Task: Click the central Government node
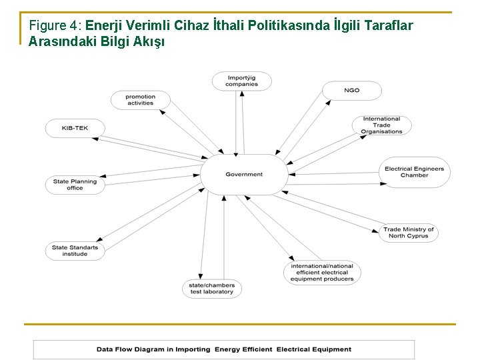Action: (x=244, y=175)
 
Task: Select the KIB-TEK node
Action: (x=75, y=128)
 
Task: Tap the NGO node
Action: (x=351, y=91)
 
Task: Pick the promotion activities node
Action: (x=140, y=100)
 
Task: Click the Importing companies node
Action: (x=241, y=81)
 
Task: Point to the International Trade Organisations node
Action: (x=381, y=125)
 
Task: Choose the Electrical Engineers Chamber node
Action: (x=414, y=172)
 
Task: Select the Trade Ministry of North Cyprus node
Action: (x=408, y=233)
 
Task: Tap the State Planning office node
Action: (x=75, y=185)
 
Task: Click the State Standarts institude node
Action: (x=75, y=251)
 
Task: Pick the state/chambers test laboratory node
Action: (x=212, y=289)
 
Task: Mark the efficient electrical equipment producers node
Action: (x=322, y=273)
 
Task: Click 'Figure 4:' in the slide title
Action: (x=55, y=26)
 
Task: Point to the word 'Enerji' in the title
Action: (x=104, y=26)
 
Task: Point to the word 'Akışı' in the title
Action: (x=151, y=41)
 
